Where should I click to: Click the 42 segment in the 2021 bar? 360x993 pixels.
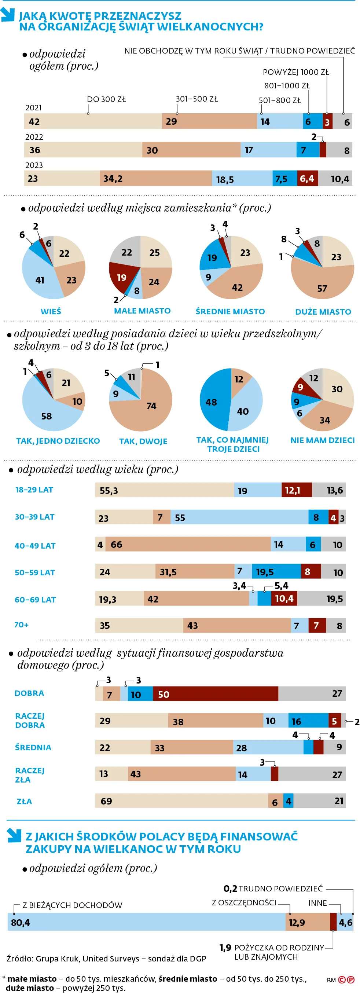pos(92,122)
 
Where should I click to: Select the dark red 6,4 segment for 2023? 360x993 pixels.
pos(308,179)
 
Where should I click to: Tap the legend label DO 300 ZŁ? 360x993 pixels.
pos(106,99)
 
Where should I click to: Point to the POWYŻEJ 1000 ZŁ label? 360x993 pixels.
pos(295,72)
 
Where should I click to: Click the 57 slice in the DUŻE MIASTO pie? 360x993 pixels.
pos(322,283)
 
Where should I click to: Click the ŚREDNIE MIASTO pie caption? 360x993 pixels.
pos(230,311)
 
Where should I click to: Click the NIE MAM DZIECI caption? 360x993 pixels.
pos(322,440)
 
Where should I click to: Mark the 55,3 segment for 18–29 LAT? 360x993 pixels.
pos(164,490)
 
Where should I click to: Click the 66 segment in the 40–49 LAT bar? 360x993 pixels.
pos(188,544)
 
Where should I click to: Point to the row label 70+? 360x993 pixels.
pos(22,624)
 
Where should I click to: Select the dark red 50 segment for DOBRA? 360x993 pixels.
pos(215,694)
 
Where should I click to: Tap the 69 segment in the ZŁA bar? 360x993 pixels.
pos(181,801)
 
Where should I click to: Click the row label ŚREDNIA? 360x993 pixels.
pos(33,747)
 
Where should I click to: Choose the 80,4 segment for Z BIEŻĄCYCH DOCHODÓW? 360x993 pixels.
pos(147,922)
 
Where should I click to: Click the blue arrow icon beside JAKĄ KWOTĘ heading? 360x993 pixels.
pos(7,15)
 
